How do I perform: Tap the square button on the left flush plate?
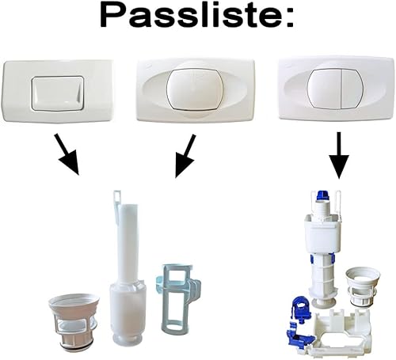[x=57, y=93]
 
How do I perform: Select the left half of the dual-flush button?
[x=325, y=89]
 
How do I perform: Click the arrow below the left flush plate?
[x=67, y=154]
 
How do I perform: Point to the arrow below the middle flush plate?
[x=185, y=156]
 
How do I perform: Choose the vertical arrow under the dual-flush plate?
[x=339, y=155]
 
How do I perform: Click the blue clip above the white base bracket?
[x=301, y=307]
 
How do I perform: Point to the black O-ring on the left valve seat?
[x=74, y=346]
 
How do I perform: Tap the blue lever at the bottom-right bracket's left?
[x=299, y=333]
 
